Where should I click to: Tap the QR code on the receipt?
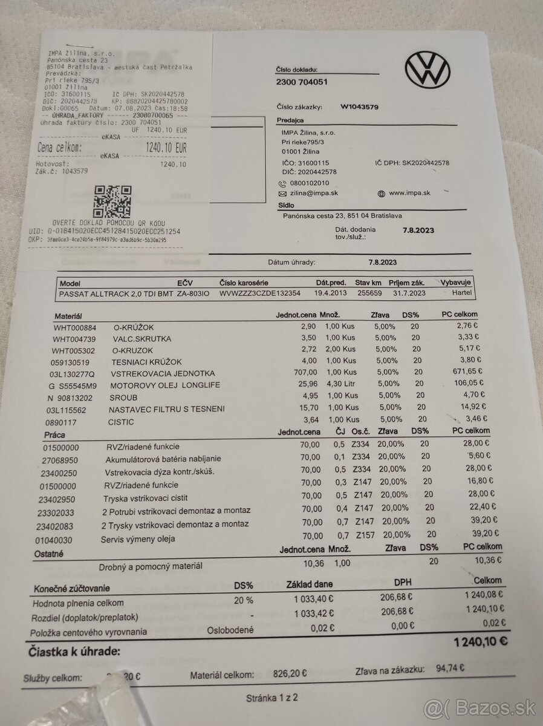click(x=112, y=202)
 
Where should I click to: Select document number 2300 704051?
click(x=302, y=82)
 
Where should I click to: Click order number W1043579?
click(x=359, y=107)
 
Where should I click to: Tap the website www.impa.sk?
click(x=409, y=193)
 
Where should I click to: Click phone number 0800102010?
click(x=309, y=183)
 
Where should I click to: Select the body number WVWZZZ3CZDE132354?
click(x=259, y=293)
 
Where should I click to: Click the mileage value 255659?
click(x=369, y=293)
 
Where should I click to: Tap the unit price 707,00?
click(x=304, y=373)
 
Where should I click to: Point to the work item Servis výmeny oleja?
click(x=138, y=539)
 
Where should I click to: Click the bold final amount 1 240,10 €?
click(x=480, y=641)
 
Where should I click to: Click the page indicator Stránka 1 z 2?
click(x=272, y=698)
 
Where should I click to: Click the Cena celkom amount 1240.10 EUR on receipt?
click(x=166, y=147)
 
